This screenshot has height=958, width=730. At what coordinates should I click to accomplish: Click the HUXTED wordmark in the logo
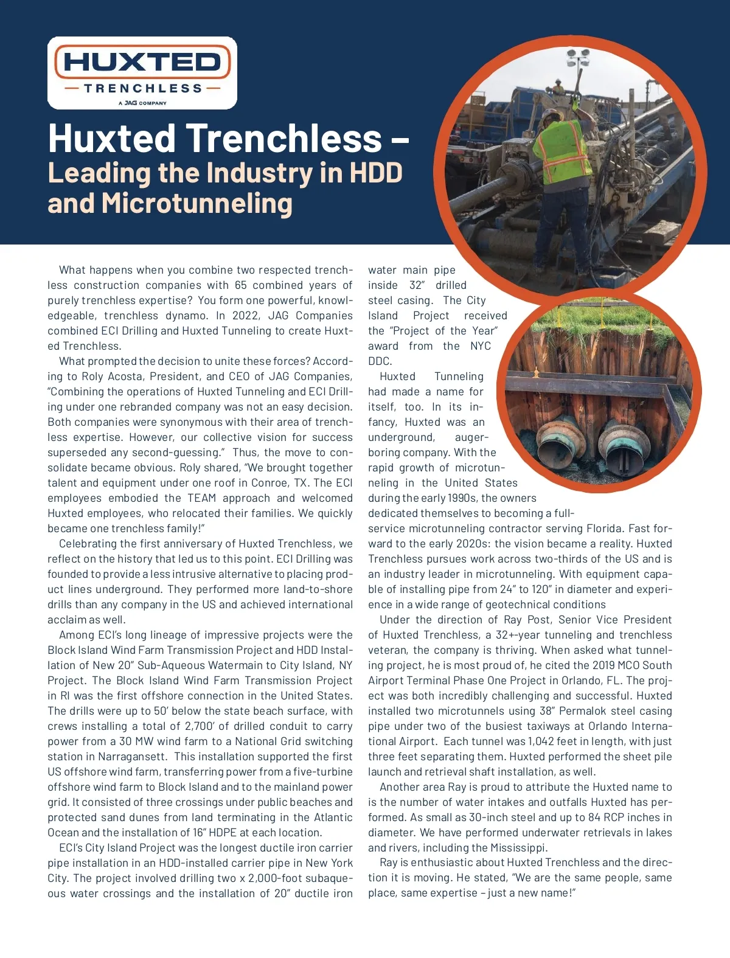tap(142, 62)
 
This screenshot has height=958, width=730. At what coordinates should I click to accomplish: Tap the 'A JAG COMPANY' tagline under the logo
tap(142, 103)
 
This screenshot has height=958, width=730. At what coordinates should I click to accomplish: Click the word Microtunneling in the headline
tap(197, 203)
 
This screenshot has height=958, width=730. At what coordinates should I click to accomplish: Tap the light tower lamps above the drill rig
tap(577, 58)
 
